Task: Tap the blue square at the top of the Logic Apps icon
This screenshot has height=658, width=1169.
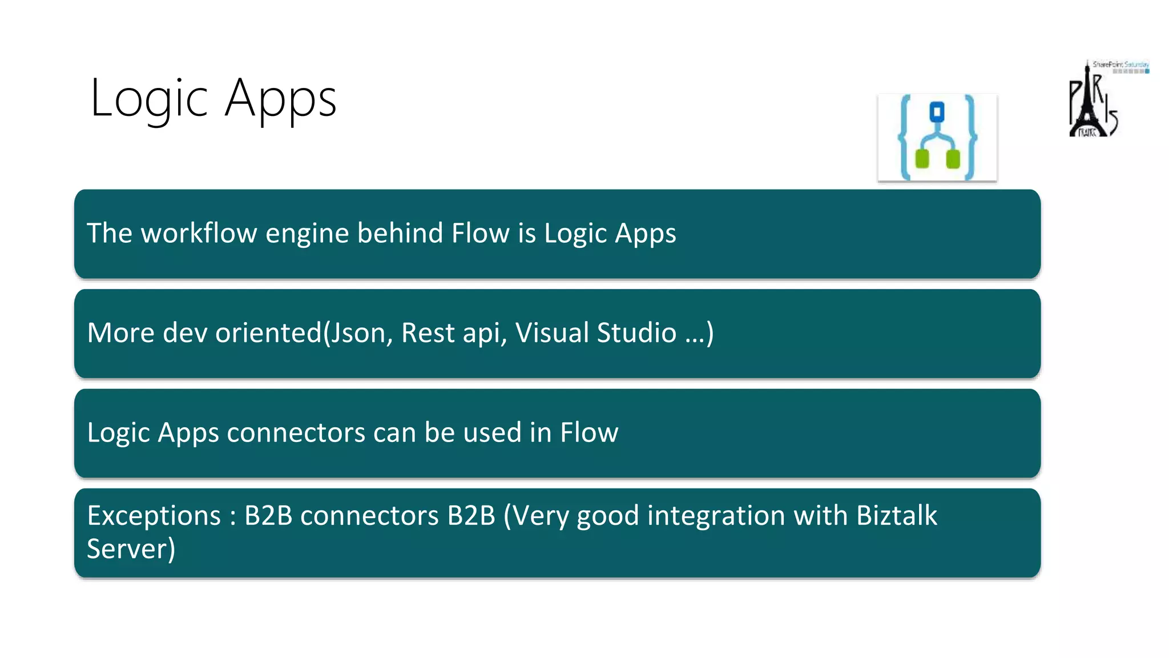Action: coord(937,111)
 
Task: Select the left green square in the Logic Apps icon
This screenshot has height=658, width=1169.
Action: coord(922,158)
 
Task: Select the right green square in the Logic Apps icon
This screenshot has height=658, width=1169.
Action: coord(953,158)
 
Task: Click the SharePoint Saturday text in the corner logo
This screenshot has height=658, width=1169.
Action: coord(1120,65)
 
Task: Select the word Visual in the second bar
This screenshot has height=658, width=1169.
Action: coord(551,332)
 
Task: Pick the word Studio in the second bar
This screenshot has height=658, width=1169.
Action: coord(636,332)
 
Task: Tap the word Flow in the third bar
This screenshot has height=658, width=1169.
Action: coord(588,432)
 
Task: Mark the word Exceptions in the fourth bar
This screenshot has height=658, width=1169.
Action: coord(154,516)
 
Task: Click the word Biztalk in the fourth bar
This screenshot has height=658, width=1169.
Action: coord(896,515)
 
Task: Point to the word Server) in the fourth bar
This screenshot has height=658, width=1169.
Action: coord(131,549)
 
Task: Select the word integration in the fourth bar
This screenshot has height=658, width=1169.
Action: coord(716,516)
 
